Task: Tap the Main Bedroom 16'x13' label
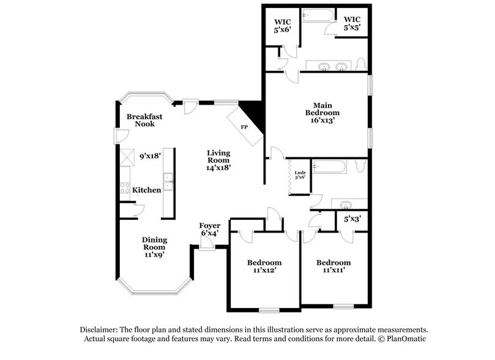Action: [322, 113]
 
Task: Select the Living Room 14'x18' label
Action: [218, 159]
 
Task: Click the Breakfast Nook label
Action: [140, 120]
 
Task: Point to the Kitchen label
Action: [147, 190]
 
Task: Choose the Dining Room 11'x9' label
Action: [154, 247]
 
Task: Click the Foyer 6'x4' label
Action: [210, 229]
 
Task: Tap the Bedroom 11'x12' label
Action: [262, 266]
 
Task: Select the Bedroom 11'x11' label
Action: [333, 266]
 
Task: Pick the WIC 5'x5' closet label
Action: [351, 23]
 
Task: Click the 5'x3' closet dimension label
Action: [352, 219]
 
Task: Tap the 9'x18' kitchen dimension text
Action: [150, 156]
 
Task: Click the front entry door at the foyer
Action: [206, 246]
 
